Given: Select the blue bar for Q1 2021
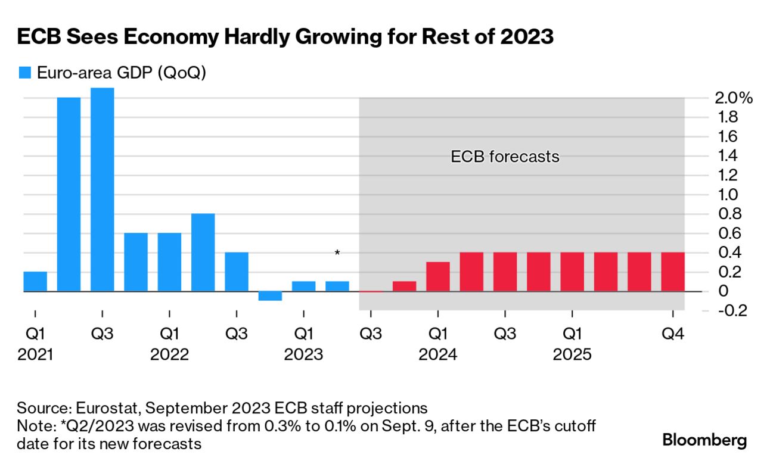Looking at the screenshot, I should (x=35, y=281).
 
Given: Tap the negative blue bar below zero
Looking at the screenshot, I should (x=270, y=296).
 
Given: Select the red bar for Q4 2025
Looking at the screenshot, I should (x=673, y=272).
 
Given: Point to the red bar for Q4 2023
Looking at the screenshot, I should (x=404, y=286).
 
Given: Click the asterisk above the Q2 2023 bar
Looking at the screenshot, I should (x=337, y=254).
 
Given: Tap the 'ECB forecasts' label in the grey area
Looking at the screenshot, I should (x=505, y=157).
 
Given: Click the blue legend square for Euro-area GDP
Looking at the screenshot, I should (x=24, y=73).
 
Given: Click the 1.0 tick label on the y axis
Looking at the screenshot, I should (x=723, y=194).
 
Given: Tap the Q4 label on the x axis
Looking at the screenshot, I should (x=673, y=334).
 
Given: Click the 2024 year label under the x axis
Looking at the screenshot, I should (x=438, y=355).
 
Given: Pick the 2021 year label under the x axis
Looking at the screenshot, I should (x=35, y=355).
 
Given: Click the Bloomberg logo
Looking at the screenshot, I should (x=704, y=440).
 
